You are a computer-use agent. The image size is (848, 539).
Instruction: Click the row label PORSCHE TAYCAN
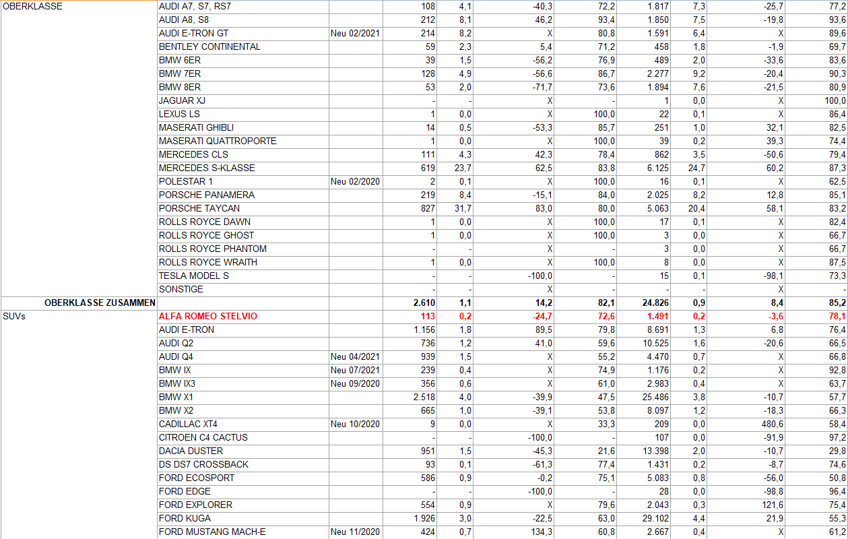point(199,208)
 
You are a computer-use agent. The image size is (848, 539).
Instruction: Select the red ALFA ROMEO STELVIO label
point(208,316)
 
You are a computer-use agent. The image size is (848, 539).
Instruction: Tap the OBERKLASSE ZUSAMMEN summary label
point(100,303)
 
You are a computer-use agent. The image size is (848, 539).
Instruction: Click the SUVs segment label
point(14,316)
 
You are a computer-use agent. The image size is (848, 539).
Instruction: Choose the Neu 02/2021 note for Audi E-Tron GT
point(355,33)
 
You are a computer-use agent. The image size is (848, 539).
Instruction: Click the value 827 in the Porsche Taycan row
point(427,208)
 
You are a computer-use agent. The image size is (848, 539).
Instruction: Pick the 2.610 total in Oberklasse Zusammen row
point(424,303)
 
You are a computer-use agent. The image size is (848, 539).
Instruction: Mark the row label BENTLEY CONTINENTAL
point(209,46)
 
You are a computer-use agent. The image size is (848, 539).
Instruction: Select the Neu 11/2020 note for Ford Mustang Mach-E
point(355,532)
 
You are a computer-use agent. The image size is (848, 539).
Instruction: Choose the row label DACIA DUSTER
point(191,451)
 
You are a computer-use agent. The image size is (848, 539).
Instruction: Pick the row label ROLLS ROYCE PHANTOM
point(212,249)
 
